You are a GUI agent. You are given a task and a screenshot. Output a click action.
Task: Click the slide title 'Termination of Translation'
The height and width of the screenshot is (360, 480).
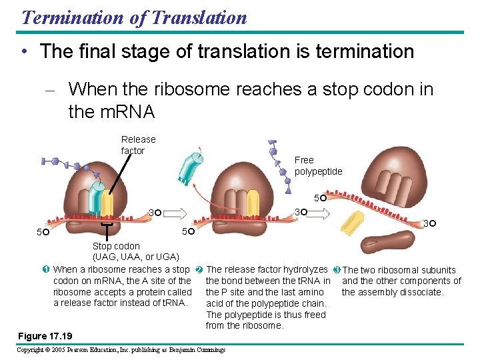coord(134,17)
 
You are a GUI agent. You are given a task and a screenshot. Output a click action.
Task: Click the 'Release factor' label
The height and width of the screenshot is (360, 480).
coord(138,145)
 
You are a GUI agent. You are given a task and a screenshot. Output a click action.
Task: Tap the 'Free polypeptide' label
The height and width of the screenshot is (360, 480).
coord(318,165)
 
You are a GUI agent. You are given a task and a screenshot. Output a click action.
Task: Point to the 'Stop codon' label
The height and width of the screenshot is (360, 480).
coord(116,246)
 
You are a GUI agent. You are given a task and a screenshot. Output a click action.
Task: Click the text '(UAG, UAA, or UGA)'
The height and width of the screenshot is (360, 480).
coord(135,257)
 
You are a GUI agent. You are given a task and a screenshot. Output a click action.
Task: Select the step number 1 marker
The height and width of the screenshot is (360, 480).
coord(45,269)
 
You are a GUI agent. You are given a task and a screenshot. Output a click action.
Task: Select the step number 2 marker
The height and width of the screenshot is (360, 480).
coord(199,270)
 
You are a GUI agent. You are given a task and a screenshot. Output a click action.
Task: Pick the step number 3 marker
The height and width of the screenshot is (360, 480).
coord(337,270)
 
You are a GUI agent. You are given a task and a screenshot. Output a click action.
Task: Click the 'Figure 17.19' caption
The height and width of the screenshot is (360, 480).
coord(46,335)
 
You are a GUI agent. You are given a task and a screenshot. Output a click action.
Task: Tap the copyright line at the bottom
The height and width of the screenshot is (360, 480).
coord(121,349)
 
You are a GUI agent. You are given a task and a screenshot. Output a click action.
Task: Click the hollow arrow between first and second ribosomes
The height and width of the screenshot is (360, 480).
coord(172,213)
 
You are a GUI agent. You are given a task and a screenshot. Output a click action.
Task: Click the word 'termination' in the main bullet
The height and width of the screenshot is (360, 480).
coord(364,51)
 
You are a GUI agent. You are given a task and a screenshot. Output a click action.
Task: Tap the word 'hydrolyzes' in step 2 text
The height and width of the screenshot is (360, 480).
coord(304,270)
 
